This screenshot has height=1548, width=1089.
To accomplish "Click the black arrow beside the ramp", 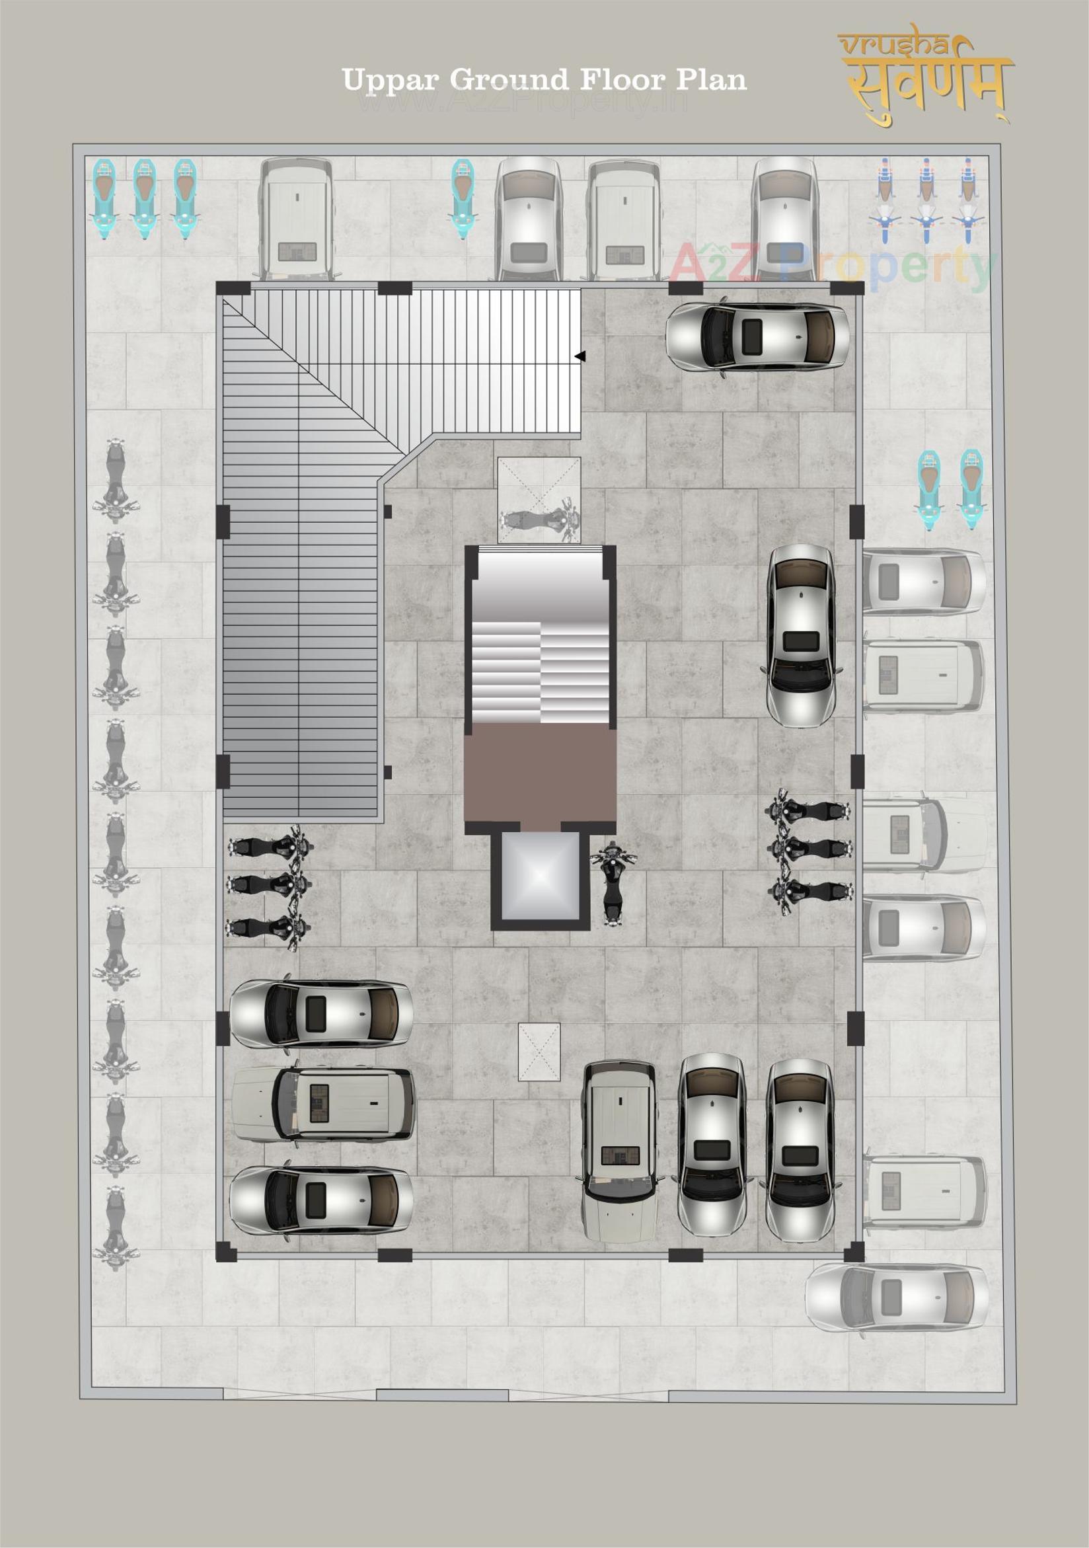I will [x=580, y=356].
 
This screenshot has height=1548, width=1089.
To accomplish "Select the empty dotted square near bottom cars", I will [x=539, y=1052].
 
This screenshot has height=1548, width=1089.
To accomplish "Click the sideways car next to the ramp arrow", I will [x=757, y=336].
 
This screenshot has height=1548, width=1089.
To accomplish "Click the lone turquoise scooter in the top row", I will [x=463, y=198].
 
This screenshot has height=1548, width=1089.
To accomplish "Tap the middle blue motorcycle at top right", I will [x=926, y=201].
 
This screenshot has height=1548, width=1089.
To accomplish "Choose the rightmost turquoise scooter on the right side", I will [x=971, y=489].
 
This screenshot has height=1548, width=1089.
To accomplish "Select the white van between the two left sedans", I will [x=324, y=1104].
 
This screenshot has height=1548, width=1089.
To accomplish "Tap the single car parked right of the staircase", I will [x=802, y=635].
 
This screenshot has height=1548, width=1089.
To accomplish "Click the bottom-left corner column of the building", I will [x=227, y=1251].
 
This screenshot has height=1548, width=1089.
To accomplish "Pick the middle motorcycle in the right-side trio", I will [x=809, y=848].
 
